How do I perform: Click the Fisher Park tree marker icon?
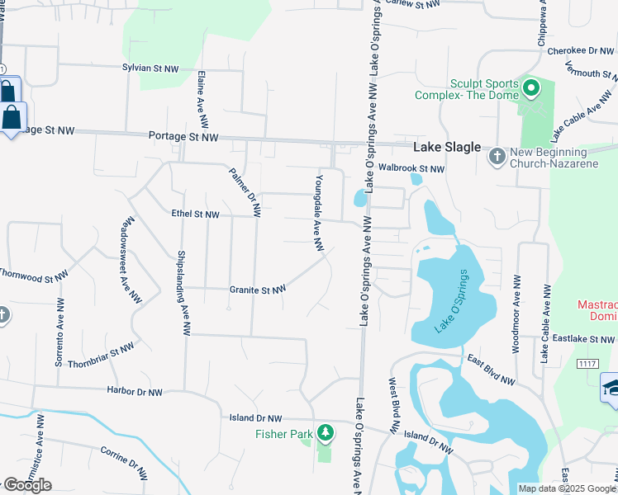[x=326, y=431]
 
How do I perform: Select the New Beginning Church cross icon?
[x=497, y=155]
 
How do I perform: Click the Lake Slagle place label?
[x=447, y=147]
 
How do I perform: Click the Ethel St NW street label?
[x=195, y=214]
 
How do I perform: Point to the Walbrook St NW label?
[x=411, y=168]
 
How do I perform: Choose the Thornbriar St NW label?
[x=101, y=356]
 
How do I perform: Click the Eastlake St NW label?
[x=584, y=339]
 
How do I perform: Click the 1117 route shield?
[x=587, y=364]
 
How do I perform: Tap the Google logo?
[x=27, y=485]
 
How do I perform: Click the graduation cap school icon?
[x=611, y=388]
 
